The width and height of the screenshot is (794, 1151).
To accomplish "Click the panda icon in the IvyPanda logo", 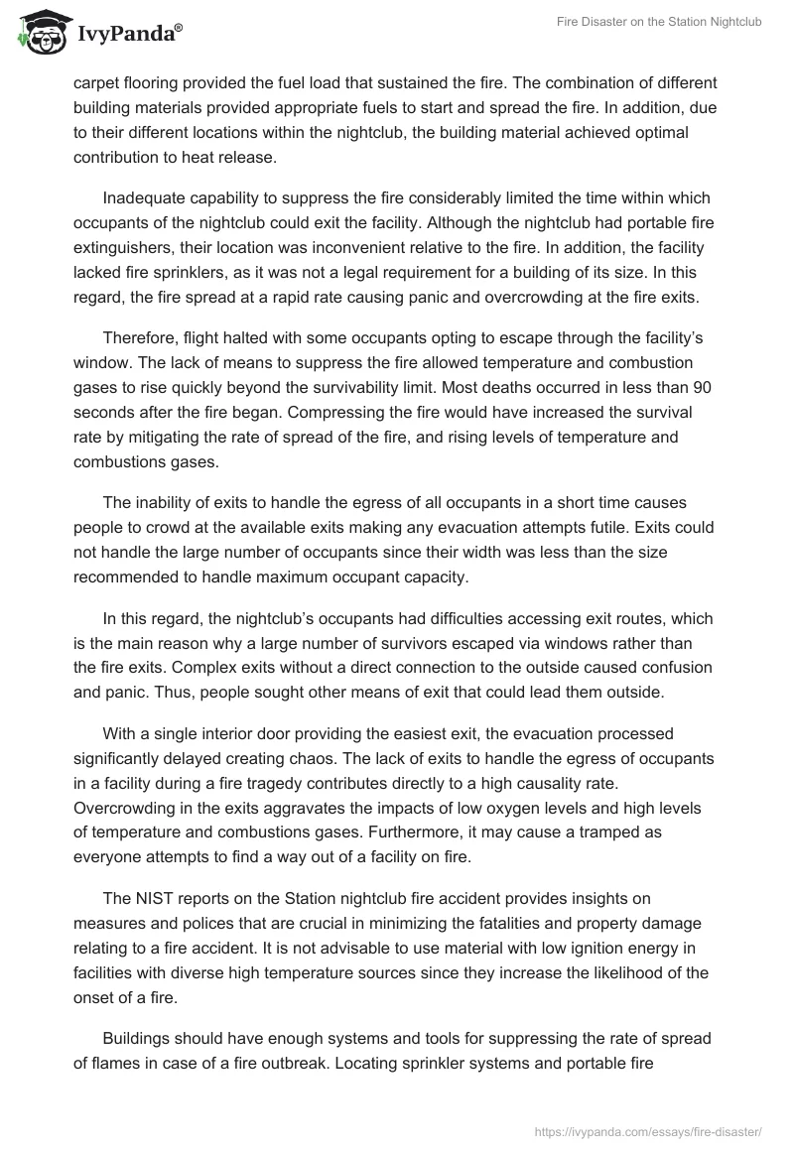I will (x=39, y=33).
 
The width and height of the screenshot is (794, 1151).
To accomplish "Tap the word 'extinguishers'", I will (x=124, y=248).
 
